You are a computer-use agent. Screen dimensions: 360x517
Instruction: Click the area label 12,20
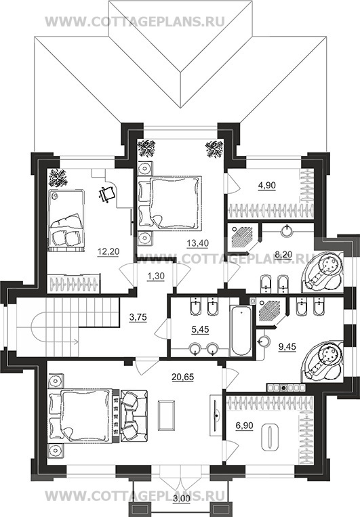click(x=108, y=251)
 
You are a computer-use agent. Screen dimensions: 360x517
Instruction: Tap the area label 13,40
click(x=197, y=243)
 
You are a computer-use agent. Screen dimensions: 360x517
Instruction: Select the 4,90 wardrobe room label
click(x=266, y=185)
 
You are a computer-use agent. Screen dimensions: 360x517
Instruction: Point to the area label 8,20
click(x=284, y=254)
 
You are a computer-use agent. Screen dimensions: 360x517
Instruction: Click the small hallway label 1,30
click(x=155, y=276)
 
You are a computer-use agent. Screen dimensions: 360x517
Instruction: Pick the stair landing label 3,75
click(x=138, y=318)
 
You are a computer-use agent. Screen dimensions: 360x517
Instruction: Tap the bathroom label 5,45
click(x=199, y=329)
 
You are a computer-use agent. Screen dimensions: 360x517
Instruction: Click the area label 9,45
click(x=287, y=346)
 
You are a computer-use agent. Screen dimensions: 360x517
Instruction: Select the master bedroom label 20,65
click(x=183, y=376)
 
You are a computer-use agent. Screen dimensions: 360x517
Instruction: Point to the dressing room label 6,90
click(x=244, y=426)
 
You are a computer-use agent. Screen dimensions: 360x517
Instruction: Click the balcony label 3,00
click(x=182, y=508)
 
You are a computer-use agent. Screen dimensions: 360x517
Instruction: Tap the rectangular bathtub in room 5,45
click(x=241, y=331)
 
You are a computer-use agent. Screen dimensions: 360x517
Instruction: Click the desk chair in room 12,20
click(x=107, y=194)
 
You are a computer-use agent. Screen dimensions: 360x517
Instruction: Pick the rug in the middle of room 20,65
click(x=167, y=415)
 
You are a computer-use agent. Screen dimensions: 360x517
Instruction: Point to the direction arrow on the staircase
click(x=56, y=342)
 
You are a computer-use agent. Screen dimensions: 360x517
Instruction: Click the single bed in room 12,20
click(x=66, y=220)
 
